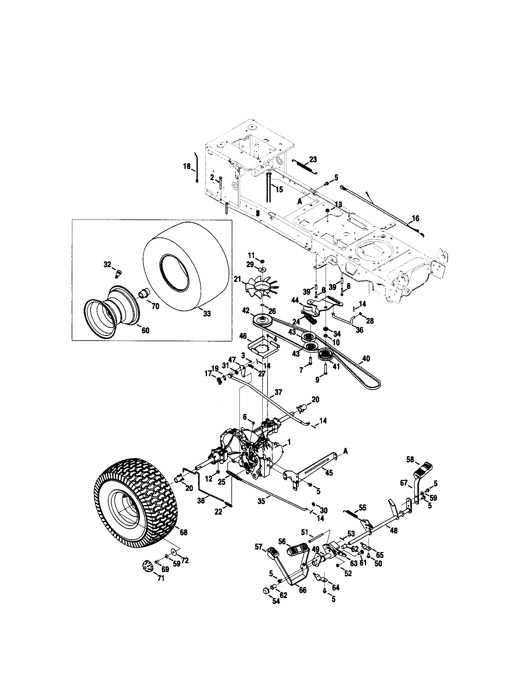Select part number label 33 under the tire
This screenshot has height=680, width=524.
pyautogui.click(x=207, y=313)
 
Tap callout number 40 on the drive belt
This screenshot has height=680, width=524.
pyautogui.click(x=366, y=359)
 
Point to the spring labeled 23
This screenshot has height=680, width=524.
pyautogui.click(x=305, y=167)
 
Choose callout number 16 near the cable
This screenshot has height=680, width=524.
pyautogui.click(x=416, y=218)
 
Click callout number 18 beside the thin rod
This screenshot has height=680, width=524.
pyautogui.click(x=187, y=167)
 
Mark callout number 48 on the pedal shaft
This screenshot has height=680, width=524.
pyautogui.click(x=394, y=530)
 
